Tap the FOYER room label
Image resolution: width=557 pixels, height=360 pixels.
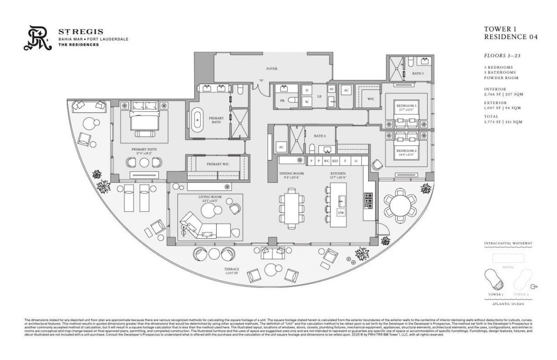tap(272, 69)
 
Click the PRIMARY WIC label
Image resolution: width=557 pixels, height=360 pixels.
tap(218, 164)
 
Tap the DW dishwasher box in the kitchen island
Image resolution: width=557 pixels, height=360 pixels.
tap(341, 213)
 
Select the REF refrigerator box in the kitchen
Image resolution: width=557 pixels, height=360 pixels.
tap(335, 161)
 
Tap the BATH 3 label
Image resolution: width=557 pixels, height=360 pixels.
tap(418, 73)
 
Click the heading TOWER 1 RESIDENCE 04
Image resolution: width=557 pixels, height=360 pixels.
tap(510, 33)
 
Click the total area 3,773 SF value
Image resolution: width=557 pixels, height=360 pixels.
tap(494, 122)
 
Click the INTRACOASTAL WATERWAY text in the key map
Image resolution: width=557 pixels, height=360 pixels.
tap(508, 243)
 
